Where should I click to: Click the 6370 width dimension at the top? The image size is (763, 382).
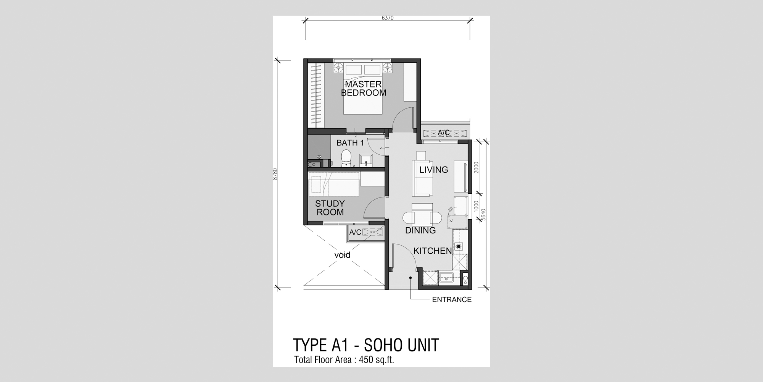387,18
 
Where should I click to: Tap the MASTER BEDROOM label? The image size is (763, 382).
363,88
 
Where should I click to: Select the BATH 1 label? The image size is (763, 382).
350,143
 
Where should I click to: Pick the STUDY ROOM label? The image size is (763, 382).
330,208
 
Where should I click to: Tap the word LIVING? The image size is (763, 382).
434,170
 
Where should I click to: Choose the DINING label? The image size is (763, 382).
420,230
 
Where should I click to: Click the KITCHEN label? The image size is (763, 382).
433,251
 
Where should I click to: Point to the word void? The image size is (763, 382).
342,255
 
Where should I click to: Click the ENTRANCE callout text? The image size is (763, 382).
452,300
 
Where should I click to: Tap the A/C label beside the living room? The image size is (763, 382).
444,133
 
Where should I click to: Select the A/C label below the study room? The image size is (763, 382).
355,232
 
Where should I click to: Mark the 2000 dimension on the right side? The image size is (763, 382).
476,167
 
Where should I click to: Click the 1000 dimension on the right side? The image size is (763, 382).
476,207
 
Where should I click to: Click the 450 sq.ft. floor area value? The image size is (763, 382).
376,360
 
